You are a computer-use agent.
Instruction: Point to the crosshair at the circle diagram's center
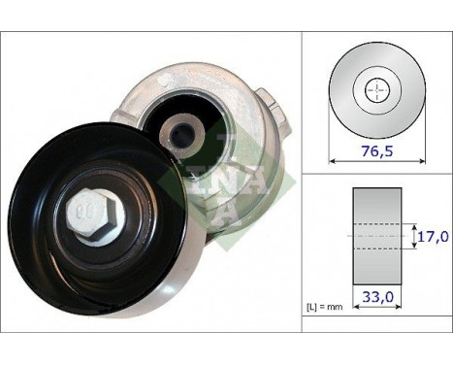pos(373,91)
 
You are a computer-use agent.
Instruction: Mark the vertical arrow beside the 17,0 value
pos(409,235)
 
